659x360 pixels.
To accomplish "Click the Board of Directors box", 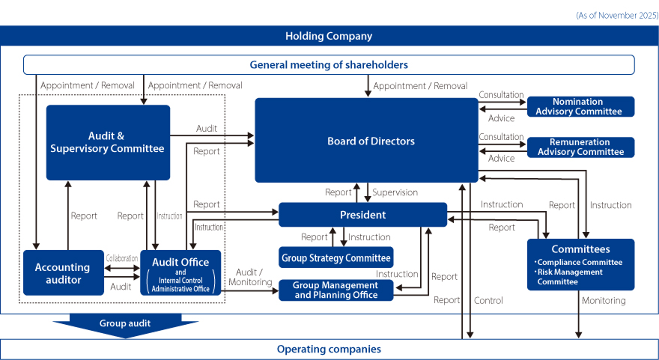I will [x=366, y=141].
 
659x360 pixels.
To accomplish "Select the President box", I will [x=362, y=215].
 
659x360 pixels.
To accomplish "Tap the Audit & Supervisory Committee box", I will [x=108, y=142].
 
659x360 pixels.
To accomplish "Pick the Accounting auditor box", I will [x=63, y=272].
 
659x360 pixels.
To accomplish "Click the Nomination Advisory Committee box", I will [x=580, y=106].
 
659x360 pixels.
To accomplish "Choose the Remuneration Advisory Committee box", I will [x=580, y=147].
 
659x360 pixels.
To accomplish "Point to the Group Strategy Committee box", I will [x=335, y=257].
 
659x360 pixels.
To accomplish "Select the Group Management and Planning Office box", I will [x=335, y=290].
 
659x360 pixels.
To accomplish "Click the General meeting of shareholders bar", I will [x=329, y=64].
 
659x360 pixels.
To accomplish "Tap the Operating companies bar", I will [x=329, y=349].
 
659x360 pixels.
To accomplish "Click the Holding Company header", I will [x=329, y=36].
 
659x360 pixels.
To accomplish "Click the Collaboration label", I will [x=122, y=258].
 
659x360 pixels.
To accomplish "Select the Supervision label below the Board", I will [x=395, y=192].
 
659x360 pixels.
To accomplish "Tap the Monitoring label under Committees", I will [x=603, y=300].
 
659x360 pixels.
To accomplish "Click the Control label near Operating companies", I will [x=488, y=300].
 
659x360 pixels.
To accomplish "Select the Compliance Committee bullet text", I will [x=580, y=262].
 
